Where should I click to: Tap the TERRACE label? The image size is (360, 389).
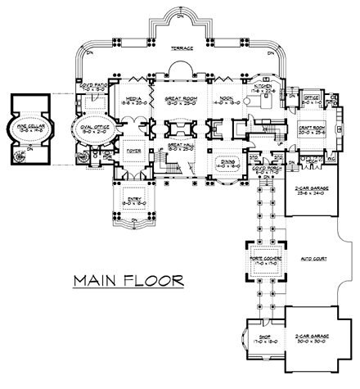click(x=182, y=48)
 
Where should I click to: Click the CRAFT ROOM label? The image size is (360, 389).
click(x=310, y=129)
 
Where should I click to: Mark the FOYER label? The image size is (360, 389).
click(x=134, y=151)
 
